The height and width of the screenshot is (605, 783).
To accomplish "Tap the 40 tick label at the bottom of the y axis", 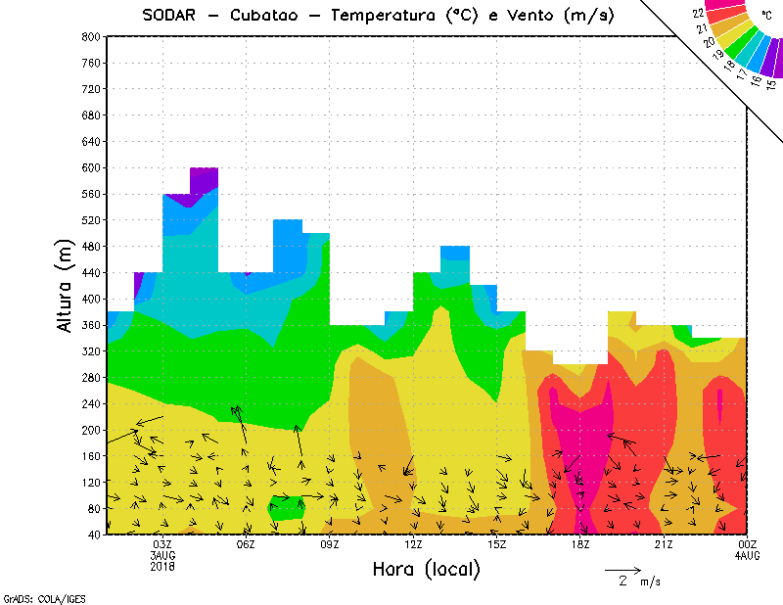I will [x=95, y=535].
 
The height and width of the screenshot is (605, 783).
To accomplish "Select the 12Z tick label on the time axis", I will [x=413, y=544].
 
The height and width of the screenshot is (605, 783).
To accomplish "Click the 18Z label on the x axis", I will [x=580, y=544].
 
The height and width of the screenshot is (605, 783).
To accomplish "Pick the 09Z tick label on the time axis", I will [x=330, y=544].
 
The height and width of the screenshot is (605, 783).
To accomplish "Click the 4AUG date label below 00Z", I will [x=747, y=555].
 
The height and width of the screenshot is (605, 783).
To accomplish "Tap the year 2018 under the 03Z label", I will [x=162, y=566].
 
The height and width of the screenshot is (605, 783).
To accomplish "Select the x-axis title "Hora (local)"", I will [x=427, y=569].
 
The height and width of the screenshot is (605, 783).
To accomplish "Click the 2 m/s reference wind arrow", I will [x=622, y=569].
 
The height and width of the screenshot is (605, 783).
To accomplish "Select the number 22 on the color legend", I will [x=698, y=13].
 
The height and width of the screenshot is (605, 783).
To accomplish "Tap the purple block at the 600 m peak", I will [x=205, y=179].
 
